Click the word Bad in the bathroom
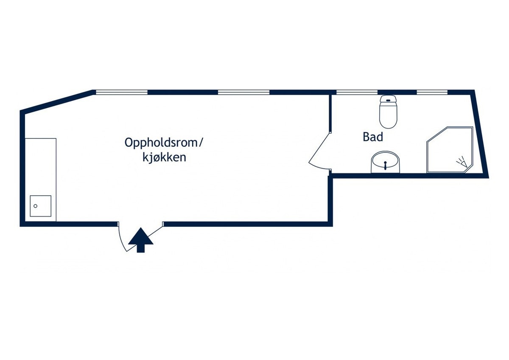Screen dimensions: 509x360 [373, 137]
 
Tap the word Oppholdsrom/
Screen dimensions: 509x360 [163, 143]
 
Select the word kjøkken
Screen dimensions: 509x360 [164, 157]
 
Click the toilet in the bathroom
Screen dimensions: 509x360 [389, 112]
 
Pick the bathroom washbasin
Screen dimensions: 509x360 [385, 162]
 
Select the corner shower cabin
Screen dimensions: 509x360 [450, 149]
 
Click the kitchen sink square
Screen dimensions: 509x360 [40, 206]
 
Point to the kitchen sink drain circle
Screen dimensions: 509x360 [36, 206]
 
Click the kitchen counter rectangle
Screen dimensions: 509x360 [41, 180]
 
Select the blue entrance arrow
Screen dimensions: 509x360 [141, 240]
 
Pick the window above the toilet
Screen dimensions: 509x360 [357, 92]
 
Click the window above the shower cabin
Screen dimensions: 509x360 [432, 92]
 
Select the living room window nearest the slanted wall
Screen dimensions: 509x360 [122, 92]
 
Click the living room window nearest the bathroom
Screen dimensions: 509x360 [243, 92]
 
